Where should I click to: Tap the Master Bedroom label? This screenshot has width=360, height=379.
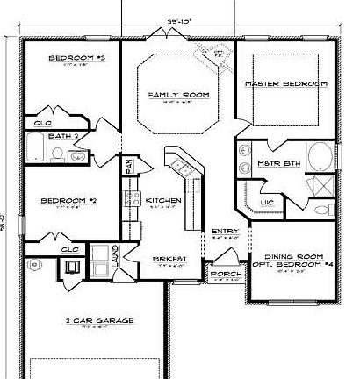pyautogui.click(x=287, y=82)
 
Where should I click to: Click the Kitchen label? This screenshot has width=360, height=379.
pyautogui.click(x=163, y=201)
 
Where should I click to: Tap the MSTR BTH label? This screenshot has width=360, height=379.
pyautogui.click(x=270, y=164)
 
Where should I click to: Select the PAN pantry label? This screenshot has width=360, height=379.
pyautogui.click(x=127, y=165)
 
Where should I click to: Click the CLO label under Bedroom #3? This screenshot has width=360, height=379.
pyautogui.click(x=43, y=123)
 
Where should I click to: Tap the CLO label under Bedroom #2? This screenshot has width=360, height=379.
pyautogui.click(x=69, y=249)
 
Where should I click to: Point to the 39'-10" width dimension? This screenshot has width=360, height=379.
pyautogui.click(x=178, y=18)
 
